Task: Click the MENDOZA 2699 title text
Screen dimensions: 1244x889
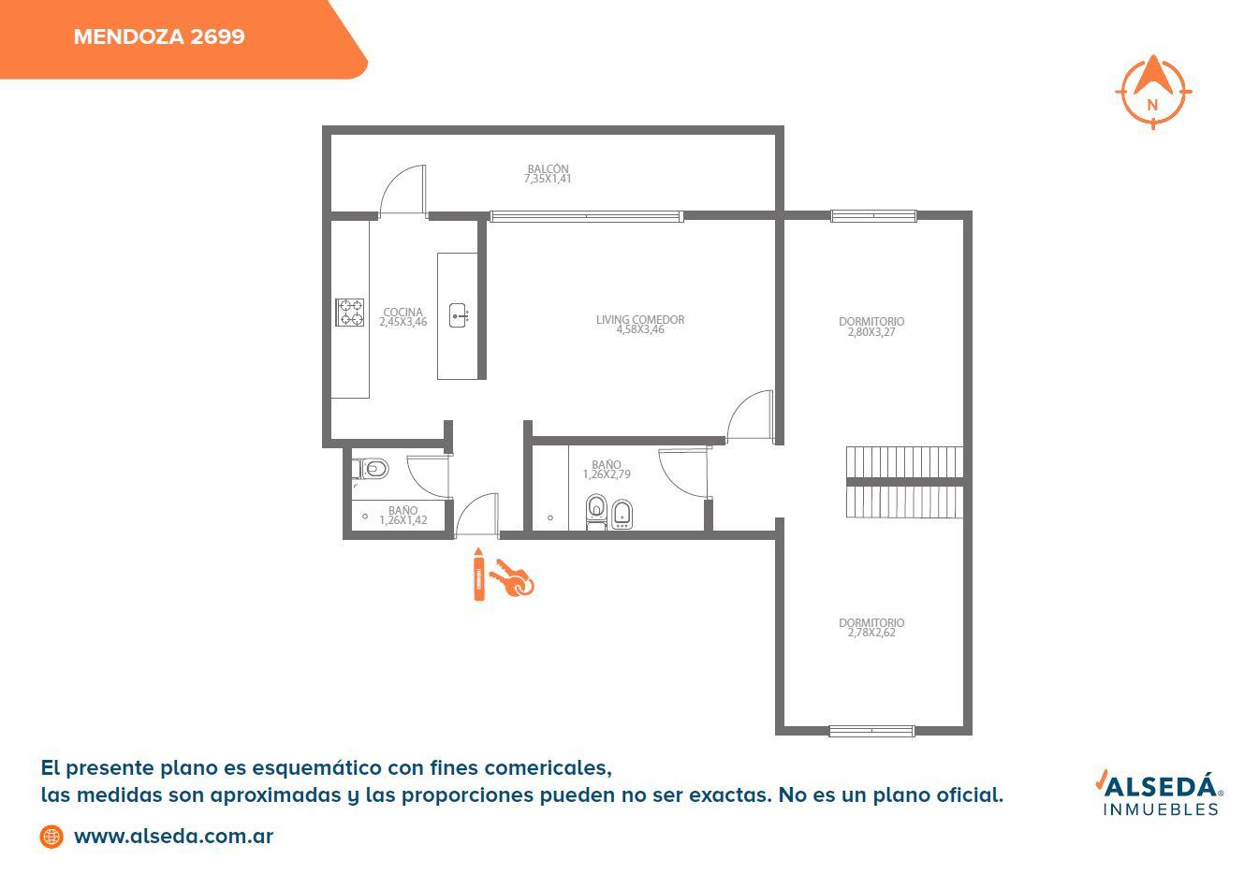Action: (x=159, y=36)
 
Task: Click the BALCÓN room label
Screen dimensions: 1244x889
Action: (x=548, y=168)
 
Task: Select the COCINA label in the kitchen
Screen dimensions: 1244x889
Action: (x=403, y=312)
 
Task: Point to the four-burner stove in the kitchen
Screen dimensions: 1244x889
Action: (x=350, y=312)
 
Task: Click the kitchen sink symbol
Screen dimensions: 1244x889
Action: (x=458, y=315)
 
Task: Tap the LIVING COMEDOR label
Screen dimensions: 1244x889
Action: (x=639, y=320)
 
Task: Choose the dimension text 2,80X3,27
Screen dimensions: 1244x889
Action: (x=871, y=332)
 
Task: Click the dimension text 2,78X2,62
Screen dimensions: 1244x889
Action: (x=871, y=633)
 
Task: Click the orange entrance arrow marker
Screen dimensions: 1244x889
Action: (x=478, y=575)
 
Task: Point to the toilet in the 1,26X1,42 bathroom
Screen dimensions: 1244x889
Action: (x=372, y=469)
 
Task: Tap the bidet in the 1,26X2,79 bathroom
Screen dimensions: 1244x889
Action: (x=622, y=514)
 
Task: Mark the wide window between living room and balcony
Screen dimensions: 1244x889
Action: (x=587, y=216)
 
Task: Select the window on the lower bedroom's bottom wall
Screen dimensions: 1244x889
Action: (x=871, y=731)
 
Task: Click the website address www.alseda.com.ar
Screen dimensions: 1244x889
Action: (x=173, y=837)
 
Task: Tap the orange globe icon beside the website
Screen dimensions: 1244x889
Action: (x=51, y=837)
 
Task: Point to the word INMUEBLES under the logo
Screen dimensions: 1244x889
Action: (x=1161, y=810)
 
